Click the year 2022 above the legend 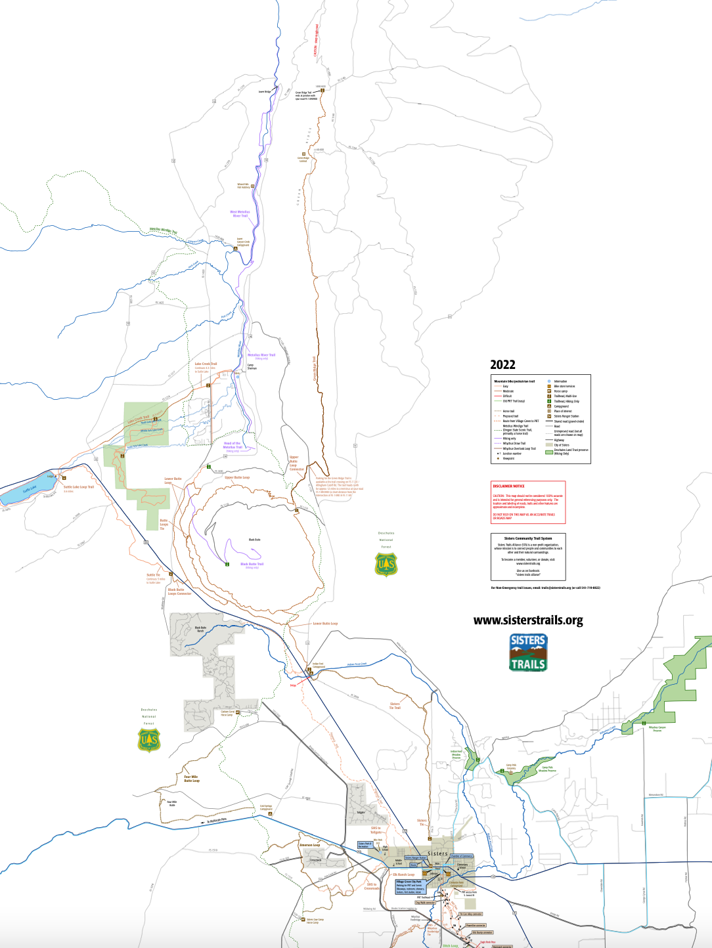click(502, 365)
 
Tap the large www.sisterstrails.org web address click(528, 620)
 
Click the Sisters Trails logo click(528, 652)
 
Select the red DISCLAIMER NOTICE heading click(509, 486)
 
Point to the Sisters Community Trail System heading click(528, 538)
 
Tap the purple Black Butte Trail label click(252, 565)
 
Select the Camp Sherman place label click(252, 367)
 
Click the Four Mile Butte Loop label click(191, 779)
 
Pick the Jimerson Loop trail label click(309, 845)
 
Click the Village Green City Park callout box click(409, 887)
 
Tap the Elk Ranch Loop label click(404, 874)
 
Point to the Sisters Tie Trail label click(395, 706)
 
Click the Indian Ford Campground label click(318, 665)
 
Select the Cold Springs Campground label click(266, 808)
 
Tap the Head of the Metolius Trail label click(233, 445)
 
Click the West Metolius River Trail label click(240, 213)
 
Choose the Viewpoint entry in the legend click(508, 458)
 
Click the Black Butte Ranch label click(200, 629)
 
